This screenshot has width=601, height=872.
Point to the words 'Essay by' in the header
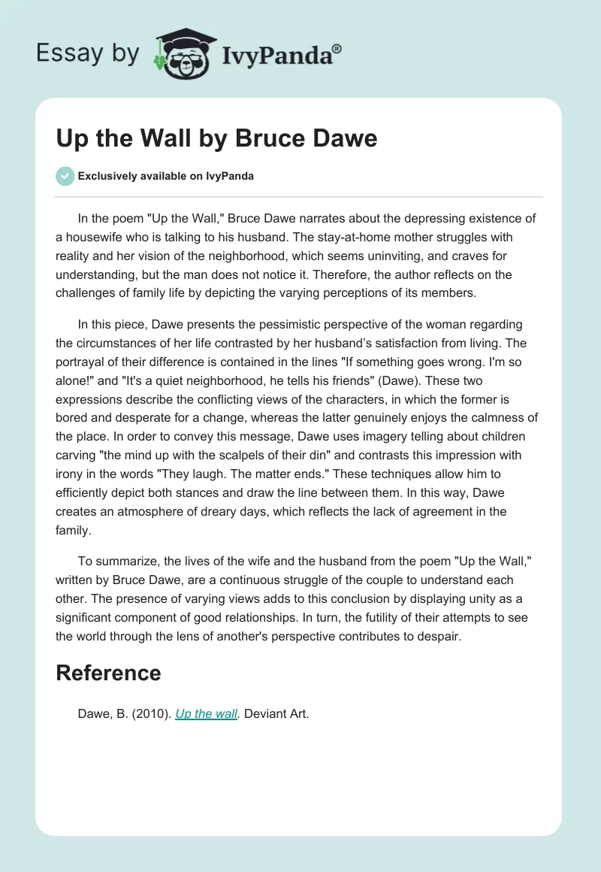point(88,54)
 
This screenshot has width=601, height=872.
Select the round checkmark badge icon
point(65,176)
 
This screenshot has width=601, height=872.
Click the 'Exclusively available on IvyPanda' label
point(165,177)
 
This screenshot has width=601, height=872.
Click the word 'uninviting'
point(416,256)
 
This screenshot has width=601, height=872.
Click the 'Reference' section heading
point(108,673)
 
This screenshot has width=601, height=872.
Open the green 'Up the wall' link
point(207,714)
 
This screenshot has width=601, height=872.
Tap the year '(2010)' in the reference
point(154,714)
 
